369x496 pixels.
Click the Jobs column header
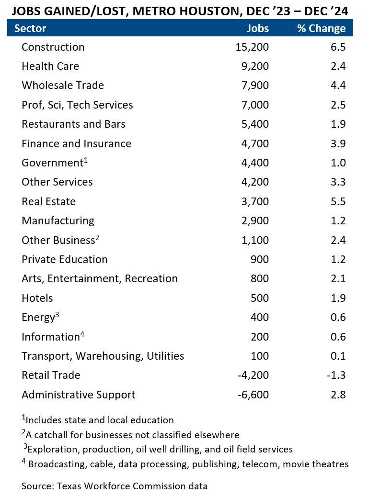click(x=257, y=28)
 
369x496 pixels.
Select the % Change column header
click(x=321, y=28)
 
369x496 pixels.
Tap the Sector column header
click(x=30, y=28)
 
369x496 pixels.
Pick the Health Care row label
click(x=50, y=66)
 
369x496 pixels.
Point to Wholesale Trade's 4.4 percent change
click(x=338, y=86)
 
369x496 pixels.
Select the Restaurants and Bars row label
click(x=73, y=124)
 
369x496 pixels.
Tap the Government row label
click(x=53, y=163)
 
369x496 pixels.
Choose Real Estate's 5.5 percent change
click(x=338, y=201)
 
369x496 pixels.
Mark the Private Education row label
click(x=65, y=259)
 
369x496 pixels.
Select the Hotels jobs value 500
click(x=260, y=298)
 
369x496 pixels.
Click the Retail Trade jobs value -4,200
click(x=253, y=375)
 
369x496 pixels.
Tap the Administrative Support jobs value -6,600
click(x=253, y=395)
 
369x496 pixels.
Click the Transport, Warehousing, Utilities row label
click(x=103, y=356)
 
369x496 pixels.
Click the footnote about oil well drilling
click(x=158, y=449)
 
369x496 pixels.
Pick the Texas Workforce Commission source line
click(x=115, y=486)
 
